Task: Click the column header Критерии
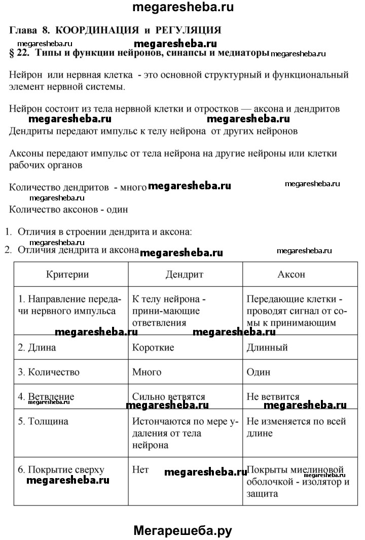(x=67, y=274)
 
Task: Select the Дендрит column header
(x=184, y=274)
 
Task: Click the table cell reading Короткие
(x=153, y=348)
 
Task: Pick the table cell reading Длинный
(x=267, y=348)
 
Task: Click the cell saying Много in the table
(x=147, y=372)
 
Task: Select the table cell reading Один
(x=259, y=372)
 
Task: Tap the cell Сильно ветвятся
(x=168, y=397)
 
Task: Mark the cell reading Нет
(x=140, y=469)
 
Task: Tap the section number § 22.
(x=20, y=53)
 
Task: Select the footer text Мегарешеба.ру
(x=182, y=530)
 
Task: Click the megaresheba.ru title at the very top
(x=182, y=7)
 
